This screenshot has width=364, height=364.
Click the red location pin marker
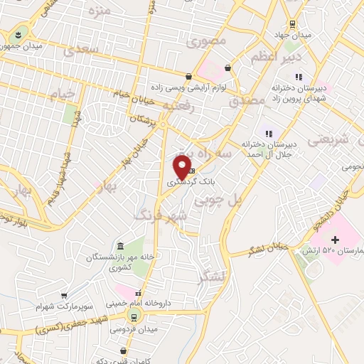pyautogui.click(x=182, y=166)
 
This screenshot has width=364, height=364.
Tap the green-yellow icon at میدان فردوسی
pyautogui.click(x=132, y=315)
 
